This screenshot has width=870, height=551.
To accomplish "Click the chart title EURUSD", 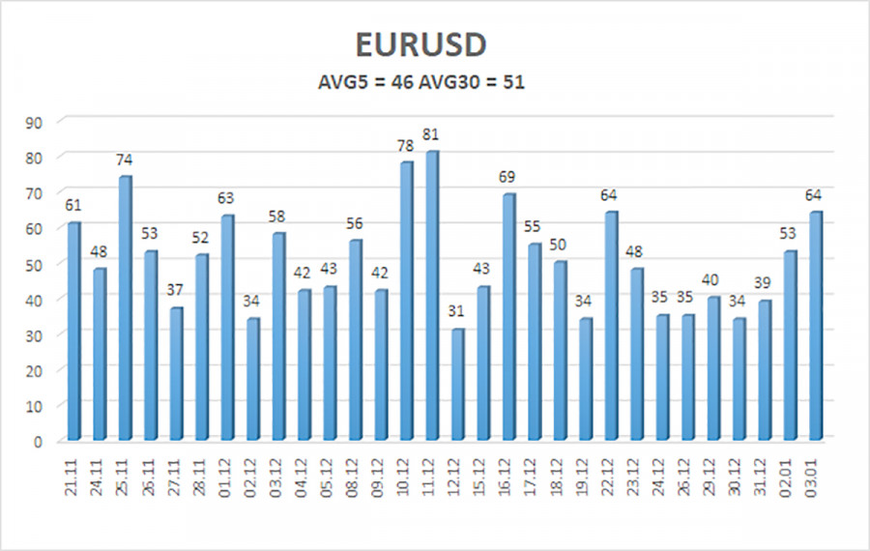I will coord(420,45).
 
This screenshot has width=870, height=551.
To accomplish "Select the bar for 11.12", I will coord(432,295).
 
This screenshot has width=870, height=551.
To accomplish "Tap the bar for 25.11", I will coord(125,307).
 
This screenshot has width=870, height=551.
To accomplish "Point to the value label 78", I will coord(406,146).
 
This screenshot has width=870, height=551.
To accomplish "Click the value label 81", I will coord(432,131).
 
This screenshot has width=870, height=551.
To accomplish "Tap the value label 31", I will coord(457,312).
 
